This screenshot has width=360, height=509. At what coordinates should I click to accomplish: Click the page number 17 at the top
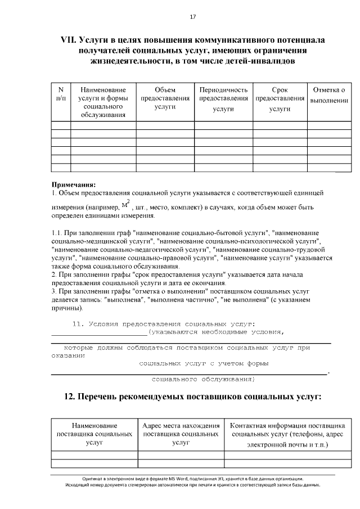192,17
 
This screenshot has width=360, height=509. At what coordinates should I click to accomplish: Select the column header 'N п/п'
61,94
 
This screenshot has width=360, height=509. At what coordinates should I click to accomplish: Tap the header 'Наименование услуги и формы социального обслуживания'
103,102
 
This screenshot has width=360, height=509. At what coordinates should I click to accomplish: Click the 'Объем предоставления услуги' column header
165,98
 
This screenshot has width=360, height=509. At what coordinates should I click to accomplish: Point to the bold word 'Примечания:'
74,184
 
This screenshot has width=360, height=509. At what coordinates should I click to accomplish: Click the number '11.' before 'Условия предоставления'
78,323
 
